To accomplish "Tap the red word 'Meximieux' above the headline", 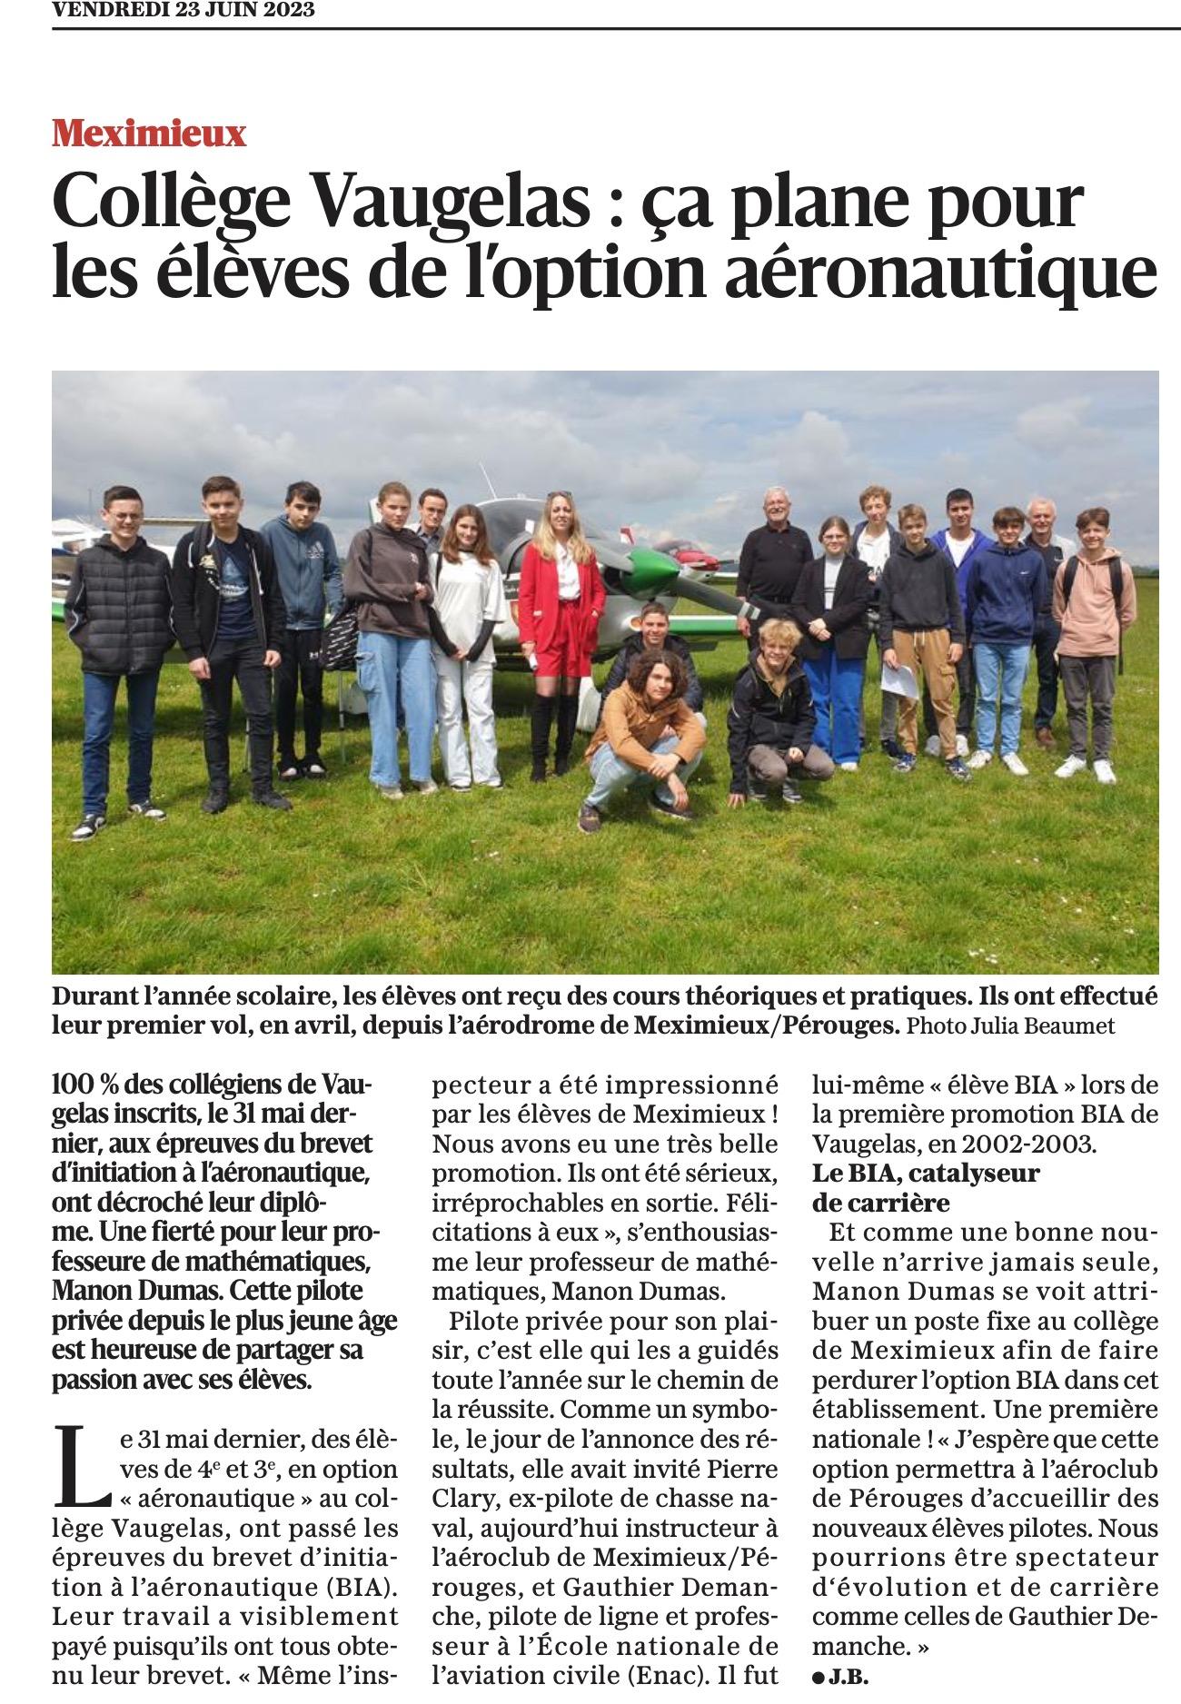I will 149,134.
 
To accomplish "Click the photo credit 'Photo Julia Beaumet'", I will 1010,1025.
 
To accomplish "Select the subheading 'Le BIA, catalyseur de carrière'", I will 925,1187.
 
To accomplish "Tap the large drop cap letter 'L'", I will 78,1450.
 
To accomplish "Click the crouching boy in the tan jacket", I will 640,727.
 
